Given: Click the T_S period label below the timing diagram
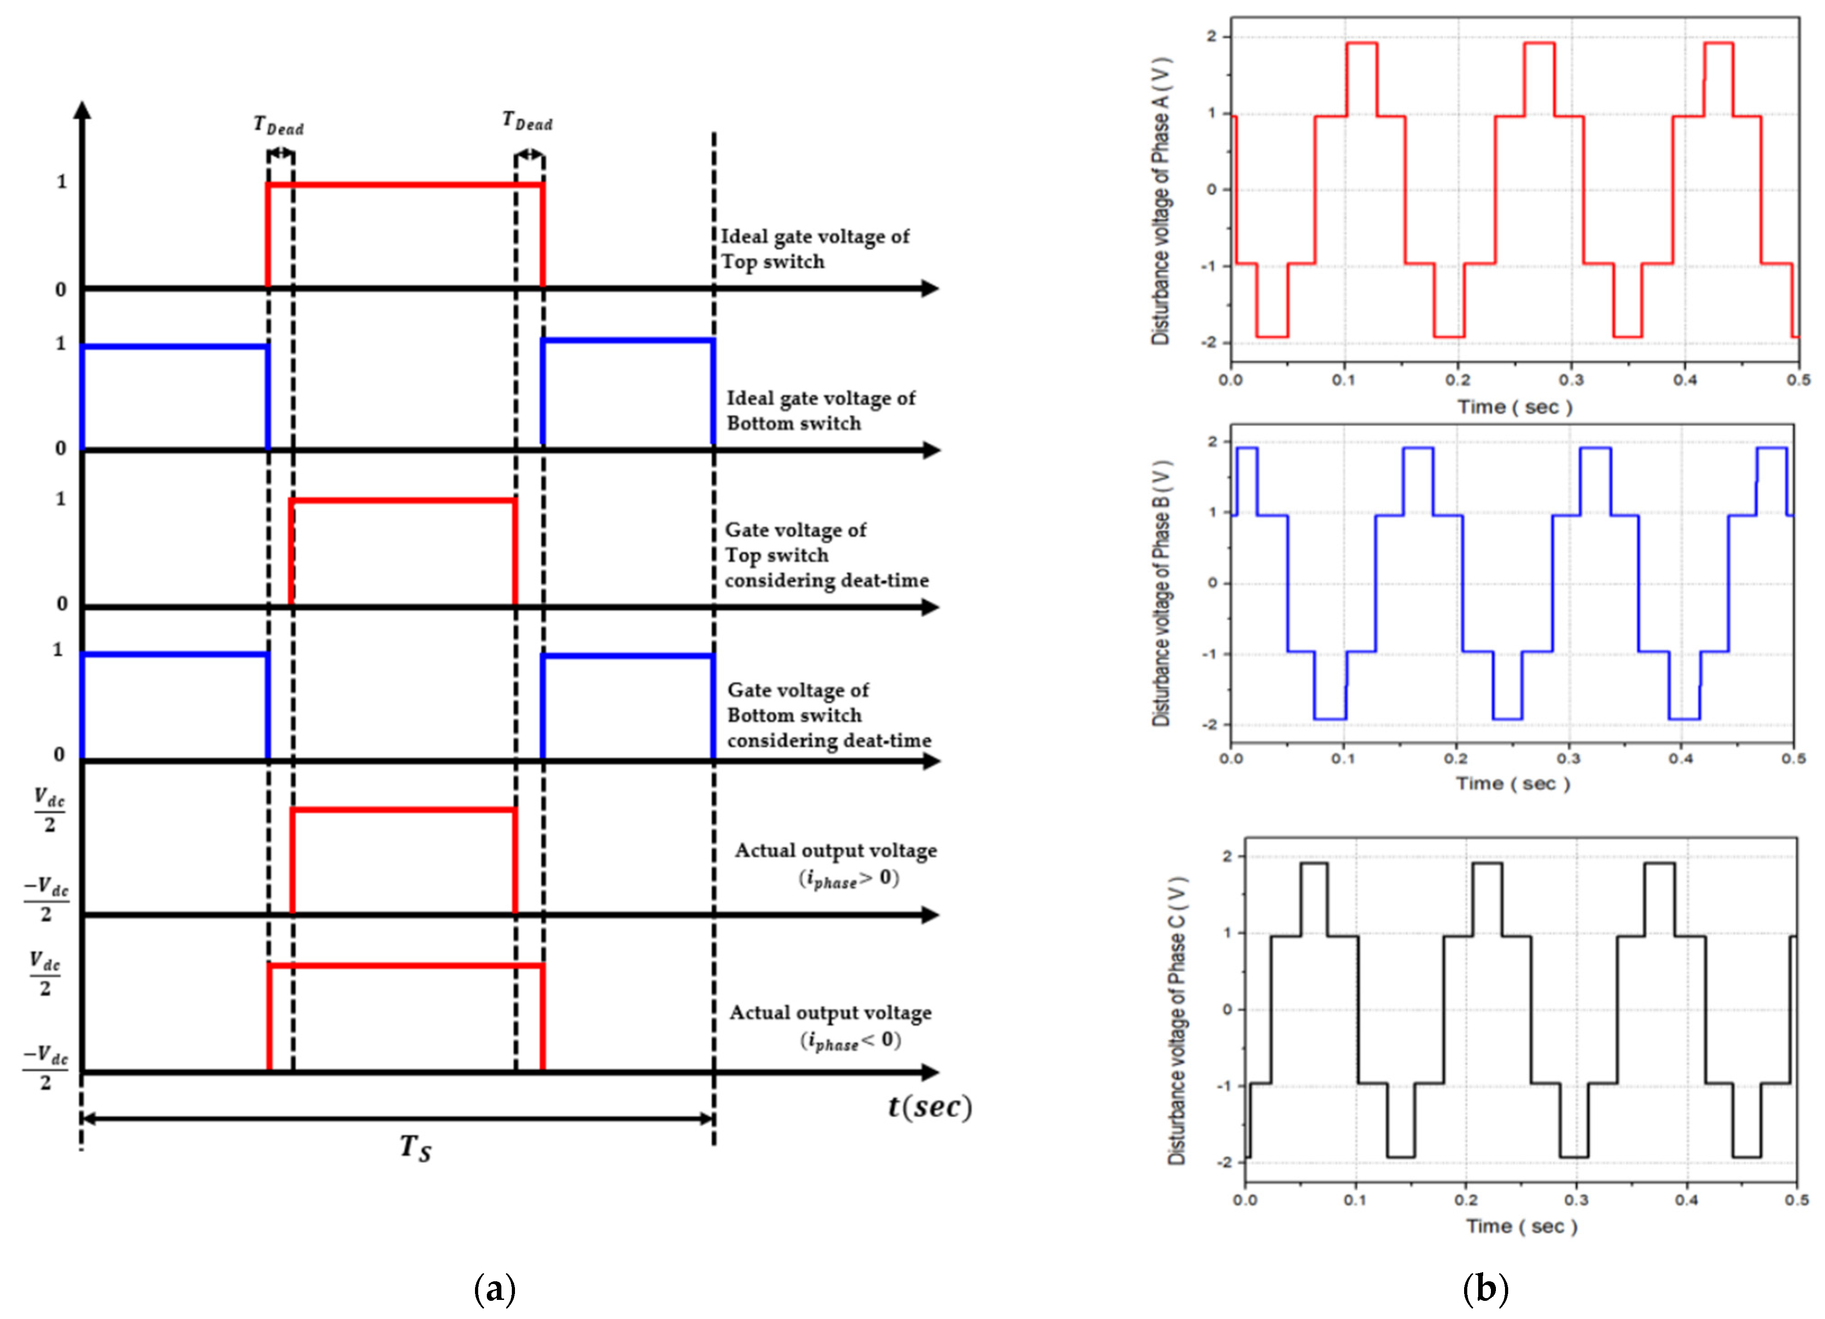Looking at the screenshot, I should [415, 1147].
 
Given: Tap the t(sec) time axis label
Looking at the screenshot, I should [930, 1107].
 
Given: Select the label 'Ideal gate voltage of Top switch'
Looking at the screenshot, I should [815, 249].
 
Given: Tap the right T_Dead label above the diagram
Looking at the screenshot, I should [527, 121].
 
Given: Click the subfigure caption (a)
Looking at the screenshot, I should [495, 1289].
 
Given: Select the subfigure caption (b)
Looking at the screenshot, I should [1485, 1289].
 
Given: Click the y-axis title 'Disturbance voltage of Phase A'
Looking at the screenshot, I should [1160, 201].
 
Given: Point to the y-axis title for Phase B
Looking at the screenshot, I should [1160, 593].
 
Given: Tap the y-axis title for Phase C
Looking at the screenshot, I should [1176, 1020].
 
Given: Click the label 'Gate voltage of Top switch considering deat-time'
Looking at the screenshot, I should [826, 555].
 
